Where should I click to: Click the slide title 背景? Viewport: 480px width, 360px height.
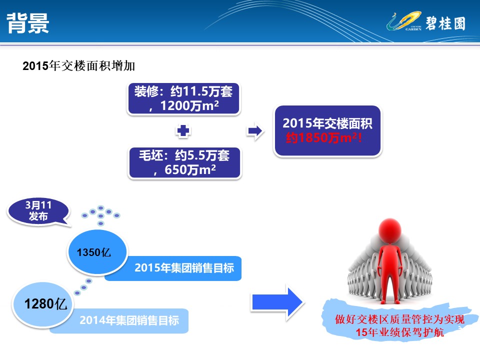27,23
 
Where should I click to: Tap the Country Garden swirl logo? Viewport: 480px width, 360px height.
404,21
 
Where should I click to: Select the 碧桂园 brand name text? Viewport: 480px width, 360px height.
445,23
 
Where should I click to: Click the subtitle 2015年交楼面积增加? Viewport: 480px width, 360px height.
78,66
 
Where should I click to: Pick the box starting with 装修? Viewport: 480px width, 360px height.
183,98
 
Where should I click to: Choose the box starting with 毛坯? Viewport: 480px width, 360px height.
185,162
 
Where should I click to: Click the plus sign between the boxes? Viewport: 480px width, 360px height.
183,130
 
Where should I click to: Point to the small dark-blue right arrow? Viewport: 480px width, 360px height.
255,131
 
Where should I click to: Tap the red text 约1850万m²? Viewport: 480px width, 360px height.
324,138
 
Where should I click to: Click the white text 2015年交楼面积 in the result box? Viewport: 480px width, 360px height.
327,123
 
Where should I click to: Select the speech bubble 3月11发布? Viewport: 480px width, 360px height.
38,211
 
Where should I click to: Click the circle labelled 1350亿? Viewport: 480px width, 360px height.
97,252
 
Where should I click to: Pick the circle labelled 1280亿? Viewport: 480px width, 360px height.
43,304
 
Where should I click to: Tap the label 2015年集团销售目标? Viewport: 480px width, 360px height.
184,268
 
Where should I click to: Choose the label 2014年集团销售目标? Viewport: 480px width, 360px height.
129,320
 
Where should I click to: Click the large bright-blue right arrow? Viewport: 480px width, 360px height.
277,302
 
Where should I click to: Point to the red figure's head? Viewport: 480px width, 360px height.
389,230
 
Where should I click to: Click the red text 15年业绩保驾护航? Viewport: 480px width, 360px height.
400,332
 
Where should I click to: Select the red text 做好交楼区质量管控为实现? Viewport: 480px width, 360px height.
400,319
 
